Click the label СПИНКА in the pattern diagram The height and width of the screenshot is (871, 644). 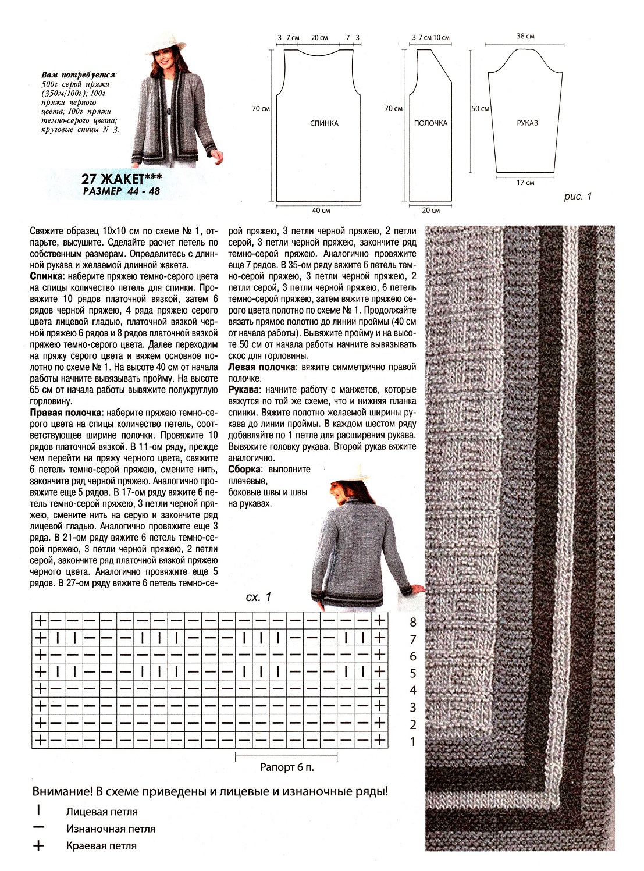click(x=324, y=123)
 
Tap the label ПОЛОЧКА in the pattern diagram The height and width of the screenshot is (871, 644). click(x=430, y=123)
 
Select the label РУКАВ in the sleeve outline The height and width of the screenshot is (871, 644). click(x=527, y=123)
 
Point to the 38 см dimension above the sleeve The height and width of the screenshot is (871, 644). click(x=525, y=36)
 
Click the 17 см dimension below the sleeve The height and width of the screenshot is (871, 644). click(x=525, y=183)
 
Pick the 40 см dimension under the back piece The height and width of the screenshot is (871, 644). click(x=321, y=211)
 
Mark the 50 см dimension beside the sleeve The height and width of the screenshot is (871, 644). click(x=481, y=109)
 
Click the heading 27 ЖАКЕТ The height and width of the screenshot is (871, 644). click(x=122, y=179)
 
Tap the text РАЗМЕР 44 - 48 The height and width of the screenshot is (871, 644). click(x=122, y=191)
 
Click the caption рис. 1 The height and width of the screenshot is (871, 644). click(x=578, y=197)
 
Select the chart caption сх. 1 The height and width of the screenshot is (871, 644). click(x=258, y=598)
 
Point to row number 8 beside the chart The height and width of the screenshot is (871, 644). click(x=413, y=623)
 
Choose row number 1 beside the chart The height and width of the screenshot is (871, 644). click(x=413, y=742)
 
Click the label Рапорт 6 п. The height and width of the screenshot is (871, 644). click(x=287, y=767)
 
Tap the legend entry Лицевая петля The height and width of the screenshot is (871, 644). click(x=102, y=812)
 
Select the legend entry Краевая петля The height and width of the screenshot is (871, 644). click(x=101, y=846)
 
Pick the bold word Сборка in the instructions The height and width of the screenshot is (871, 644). click(x=244, y=470)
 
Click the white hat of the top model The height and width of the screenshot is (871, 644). click(x=166, y=43)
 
